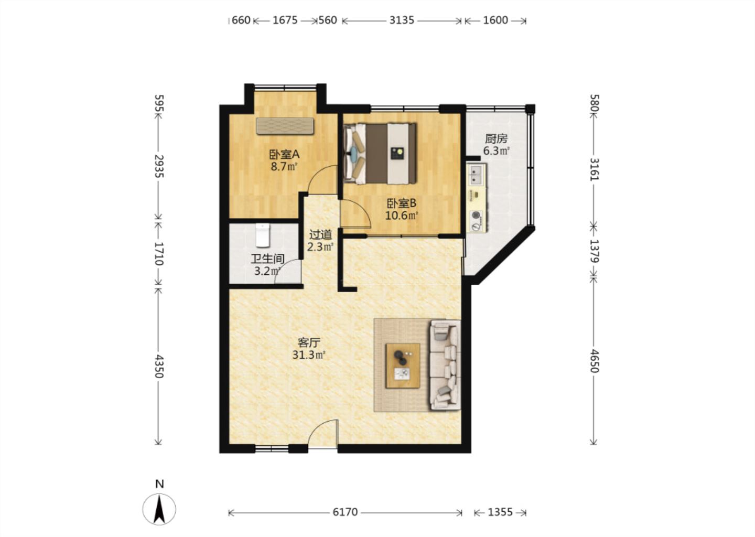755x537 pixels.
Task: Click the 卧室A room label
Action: click(284, 154)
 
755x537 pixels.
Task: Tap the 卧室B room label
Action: click(402, 203)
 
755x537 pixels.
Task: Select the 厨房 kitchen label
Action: click(496, 138)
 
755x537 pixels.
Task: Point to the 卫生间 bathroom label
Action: click(267, 259)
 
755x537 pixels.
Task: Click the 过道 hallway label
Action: click(320, 234)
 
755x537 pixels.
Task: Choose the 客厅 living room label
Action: click(309, 343)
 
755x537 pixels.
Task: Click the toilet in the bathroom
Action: click(263, 235)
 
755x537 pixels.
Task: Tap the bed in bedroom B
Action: click(380, 153)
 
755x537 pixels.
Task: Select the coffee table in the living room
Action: click(403, 366)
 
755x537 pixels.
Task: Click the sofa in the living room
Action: click(445, 365)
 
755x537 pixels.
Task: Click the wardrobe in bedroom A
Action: click(285, 126)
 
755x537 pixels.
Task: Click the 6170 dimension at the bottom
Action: click(345, 512)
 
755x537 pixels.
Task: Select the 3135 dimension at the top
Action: click(402, 20)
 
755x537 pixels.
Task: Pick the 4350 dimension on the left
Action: click(159, 366)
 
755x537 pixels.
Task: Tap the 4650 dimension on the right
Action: click(594, 361)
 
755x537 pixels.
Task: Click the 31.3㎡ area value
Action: click(309, 355)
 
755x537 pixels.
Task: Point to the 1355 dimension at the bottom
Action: click(500, 512)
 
